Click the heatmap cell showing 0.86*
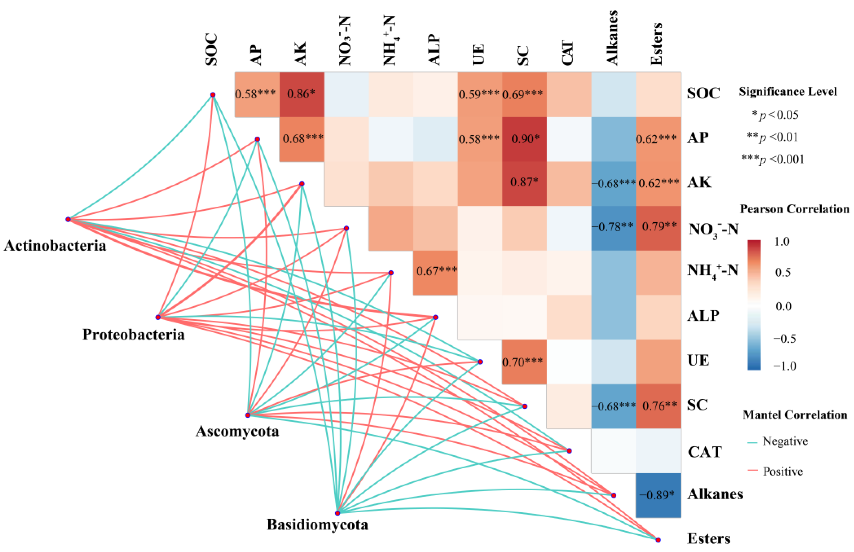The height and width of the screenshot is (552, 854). click(x=301, y=94)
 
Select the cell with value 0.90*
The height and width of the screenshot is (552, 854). click(x=524, y=139)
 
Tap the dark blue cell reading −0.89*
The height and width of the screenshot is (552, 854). click(x=658, y=495)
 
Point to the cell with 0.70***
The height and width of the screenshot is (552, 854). click(x=524, y=362)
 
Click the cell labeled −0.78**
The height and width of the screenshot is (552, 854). click(x=613, y=227)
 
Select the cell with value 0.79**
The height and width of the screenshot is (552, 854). click(x=658, y=227)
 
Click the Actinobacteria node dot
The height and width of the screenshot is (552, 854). click(x=68, y=219)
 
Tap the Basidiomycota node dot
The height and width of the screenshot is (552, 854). click(x=337, y=513)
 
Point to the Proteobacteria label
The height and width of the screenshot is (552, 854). click(x=133, y=335)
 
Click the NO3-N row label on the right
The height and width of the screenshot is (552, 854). click(x=712, y=229)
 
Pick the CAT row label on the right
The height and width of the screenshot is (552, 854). click(x=704, y=452)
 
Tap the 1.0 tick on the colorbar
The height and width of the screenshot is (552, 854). click(x=781, y=242)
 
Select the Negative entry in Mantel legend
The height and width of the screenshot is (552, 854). click(x=784, y=441)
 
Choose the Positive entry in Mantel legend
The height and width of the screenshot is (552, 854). click(x=782, y=471)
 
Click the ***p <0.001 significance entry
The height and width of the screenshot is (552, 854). click(x=772, y=159)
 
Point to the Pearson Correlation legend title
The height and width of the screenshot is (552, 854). click(x=794, y=209)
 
